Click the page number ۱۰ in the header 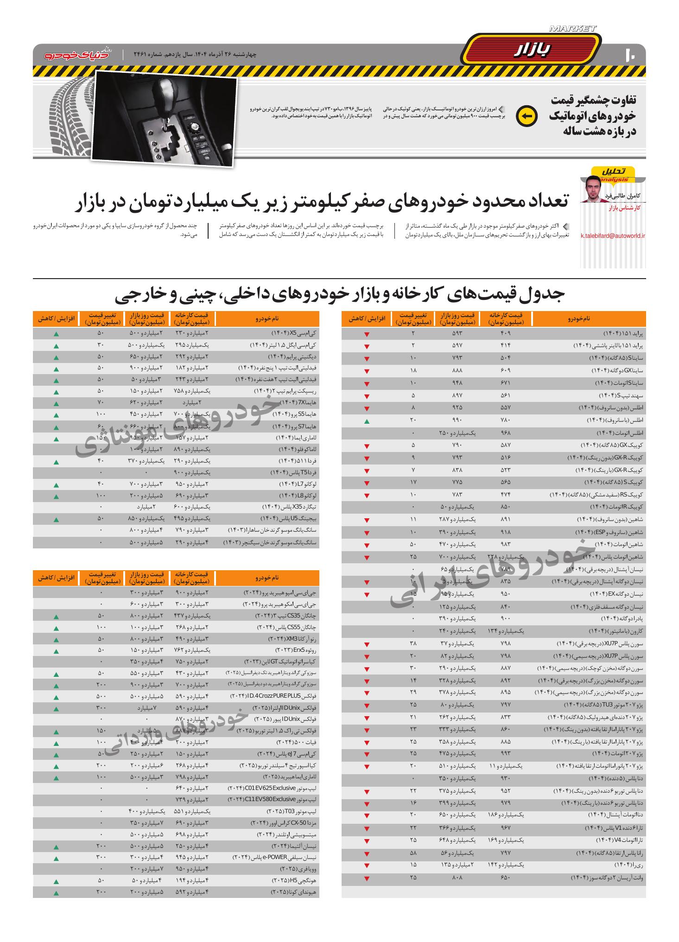click(x=630, y=54)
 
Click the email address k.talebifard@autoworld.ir click(x=613, y=236)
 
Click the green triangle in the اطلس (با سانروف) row click(x=367, y=421)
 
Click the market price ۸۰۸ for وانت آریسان click(x=457, y=878)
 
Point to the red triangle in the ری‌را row click(x=367, y=866)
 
